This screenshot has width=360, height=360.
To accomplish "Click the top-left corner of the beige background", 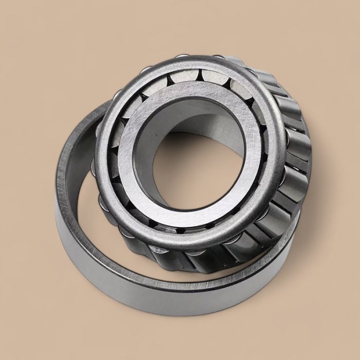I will pyautogui.click(x=3, y=3).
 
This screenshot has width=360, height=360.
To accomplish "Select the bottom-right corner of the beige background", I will pyautogui.click(x=357, y=357).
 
